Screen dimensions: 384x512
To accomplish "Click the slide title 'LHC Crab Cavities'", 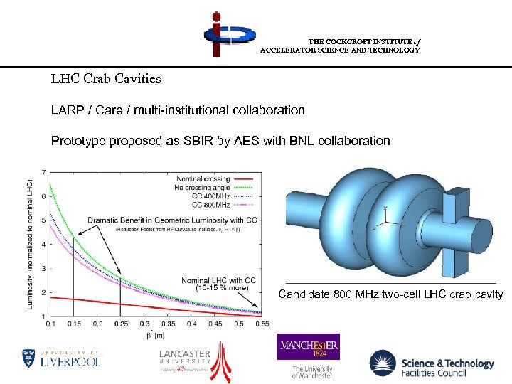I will pos(106,78).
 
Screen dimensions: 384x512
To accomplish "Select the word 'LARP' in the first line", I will pos(66,110).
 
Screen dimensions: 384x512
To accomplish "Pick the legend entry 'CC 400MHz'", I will pos(211,196).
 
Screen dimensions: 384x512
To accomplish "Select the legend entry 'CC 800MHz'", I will pos(211,205).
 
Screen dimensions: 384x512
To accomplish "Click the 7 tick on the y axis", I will pos(45,173).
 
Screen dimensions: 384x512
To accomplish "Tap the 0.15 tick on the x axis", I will pos(73,324).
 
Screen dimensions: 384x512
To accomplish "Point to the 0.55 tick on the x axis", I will pos(261,324).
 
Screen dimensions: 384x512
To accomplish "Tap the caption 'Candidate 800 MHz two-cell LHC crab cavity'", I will pos(390,294).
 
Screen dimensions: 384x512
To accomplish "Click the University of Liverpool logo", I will pos(62,357).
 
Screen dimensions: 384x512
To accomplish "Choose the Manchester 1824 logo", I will pos(308,354).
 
